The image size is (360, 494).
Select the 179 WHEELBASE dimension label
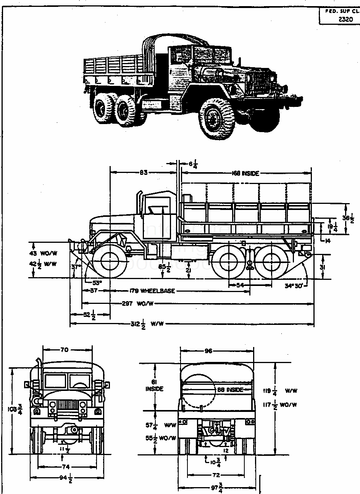pyautogui.click(x=152, y=291)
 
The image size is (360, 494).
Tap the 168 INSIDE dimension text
pyautogui.click(x=245, y=173)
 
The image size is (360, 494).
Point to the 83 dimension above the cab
pyautogui.click(x=143, y=173)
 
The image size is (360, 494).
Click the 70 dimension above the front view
pyautogui.click(x=65, y=349)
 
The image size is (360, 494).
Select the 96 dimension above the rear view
pyautogui.click(x=208, y=351)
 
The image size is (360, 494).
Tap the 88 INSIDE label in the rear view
pyautogui.click(x=230, y=390)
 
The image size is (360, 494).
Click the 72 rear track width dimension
pyautogui.click(x=216, y=475)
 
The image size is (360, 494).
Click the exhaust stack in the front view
pyautogui.click(x=39, y=382)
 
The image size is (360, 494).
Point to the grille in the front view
pyautogui.click(x=67, y=406)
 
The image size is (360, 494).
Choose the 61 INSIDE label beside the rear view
pyautogui.click(x=154, y=385)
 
